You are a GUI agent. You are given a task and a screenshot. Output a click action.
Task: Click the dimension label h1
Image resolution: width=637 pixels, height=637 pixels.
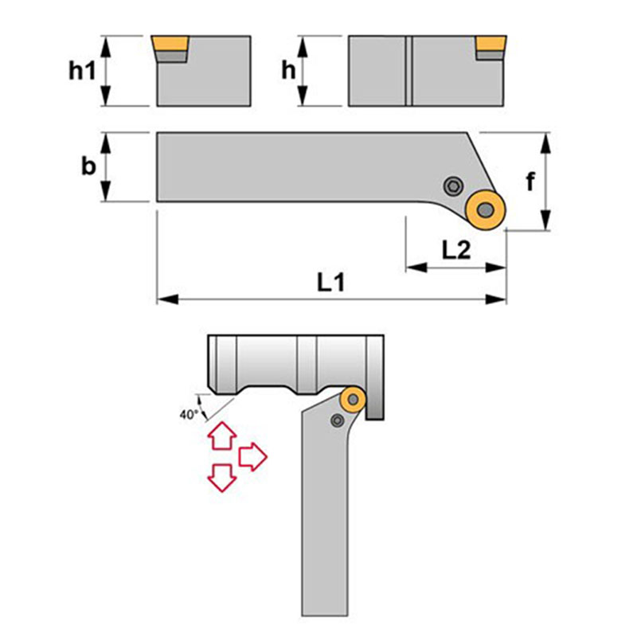(x=81, y=71)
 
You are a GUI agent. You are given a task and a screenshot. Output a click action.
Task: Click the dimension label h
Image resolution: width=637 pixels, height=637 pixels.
(x=290, y=71)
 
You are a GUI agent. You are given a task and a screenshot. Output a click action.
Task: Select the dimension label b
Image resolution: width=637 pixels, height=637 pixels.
(x=88, y=166)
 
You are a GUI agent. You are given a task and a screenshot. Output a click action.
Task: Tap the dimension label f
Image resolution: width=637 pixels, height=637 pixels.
(x=530, y=182)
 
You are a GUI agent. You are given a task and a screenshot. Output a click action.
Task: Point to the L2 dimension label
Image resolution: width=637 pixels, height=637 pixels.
(x=455, y=251)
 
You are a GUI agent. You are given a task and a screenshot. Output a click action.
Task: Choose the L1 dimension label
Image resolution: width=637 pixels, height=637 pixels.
(x=330, y=282)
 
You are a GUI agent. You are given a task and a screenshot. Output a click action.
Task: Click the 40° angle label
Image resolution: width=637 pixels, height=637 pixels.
(x=187, y=414)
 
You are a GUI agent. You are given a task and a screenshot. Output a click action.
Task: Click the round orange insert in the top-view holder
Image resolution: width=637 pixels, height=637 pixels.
(x=484, y=210)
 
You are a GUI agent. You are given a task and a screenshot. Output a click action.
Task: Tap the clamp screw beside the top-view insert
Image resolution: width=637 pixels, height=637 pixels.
(x=453, y=186)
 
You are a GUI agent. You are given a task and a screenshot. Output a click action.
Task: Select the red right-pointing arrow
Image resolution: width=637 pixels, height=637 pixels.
(x=253, y=456)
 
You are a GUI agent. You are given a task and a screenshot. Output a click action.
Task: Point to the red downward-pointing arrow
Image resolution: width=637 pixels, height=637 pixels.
(x=220, y=477)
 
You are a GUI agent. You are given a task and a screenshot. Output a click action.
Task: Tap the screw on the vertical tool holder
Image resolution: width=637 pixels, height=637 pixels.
(x=338, y=420)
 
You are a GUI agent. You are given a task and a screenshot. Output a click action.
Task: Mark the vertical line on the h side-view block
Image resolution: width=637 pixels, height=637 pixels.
(x=410, y=70)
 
